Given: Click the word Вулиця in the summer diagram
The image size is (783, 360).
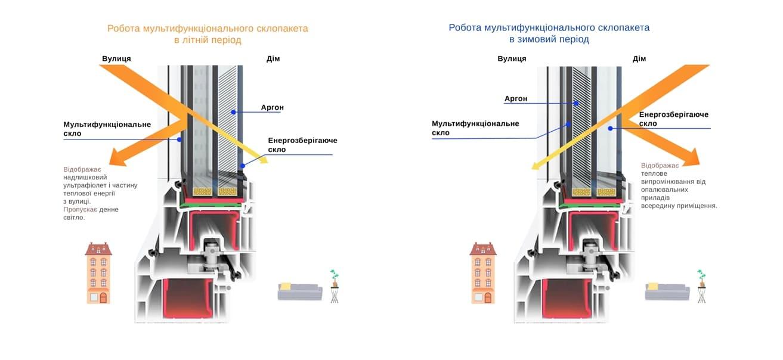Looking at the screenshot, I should click(116, 58).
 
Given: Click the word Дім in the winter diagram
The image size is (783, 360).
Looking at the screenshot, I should click(639, 58).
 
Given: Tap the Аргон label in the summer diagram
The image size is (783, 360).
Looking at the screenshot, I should click(272, 107).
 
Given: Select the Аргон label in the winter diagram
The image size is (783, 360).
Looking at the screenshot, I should click(516, 98).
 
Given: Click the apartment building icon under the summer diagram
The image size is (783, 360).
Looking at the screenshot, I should click(98, 273).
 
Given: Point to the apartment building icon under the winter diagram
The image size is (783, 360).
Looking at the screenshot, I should click(483, 273).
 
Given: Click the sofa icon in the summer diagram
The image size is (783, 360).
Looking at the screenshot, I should click(299, 291).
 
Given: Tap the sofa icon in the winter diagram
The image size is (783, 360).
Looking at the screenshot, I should click(667, 291).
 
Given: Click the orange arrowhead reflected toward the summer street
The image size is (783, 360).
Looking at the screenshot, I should click(117, 157).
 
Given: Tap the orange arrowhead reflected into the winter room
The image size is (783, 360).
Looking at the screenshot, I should click(691, 157).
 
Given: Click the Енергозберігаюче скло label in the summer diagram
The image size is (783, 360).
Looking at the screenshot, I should click(302, 145).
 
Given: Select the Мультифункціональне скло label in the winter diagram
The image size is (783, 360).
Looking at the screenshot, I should click(475, 128).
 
